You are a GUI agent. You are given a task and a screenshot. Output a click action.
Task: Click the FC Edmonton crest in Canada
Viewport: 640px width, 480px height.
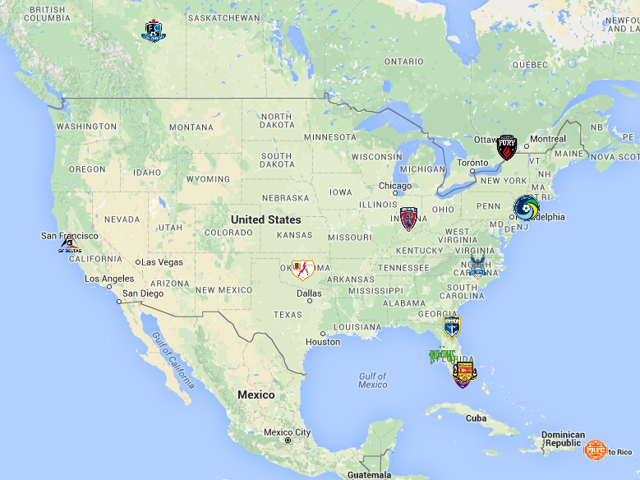tap(153, 31)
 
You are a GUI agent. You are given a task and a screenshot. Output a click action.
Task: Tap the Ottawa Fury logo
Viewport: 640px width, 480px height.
tap(506, 147)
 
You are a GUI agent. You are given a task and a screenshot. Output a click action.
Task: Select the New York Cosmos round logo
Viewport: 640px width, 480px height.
tap(525, 207)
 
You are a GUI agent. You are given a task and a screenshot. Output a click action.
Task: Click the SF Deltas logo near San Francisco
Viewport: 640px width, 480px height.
tap(70, 245)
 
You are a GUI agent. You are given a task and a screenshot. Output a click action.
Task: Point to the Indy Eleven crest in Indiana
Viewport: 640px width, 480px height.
tap(408, 219)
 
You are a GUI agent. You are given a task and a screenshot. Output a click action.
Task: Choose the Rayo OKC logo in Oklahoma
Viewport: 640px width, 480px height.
tap(302, 268)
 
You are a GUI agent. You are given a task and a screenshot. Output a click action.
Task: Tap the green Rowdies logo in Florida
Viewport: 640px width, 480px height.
tap(442, 356)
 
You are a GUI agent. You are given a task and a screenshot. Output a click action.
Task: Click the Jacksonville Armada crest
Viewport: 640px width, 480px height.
tap(451, 326)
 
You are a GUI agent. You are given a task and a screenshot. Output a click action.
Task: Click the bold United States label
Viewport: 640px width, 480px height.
tap(265, 219)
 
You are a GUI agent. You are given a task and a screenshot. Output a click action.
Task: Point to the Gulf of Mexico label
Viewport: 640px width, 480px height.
tap(372, 380)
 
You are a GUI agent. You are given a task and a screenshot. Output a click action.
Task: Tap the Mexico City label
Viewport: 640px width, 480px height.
tap(287, 432)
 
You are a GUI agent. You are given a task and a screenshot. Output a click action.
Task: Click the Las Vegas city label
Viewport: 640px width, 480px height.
tap(162, 262)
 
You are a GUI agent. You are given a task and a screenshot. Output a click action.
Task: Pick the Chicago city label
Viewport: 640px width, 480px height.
tap(395, 186)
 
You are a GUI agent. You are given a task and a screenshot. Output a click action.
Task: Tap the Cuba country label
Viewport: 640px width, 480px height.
tap(476, 418)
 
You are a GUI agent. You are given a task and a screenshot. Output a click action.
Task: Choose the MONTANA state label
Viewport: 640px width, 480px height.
tap(191, 127)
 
